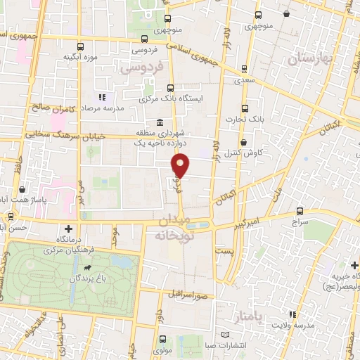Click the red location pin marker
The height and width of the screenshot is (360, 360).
[181, 166]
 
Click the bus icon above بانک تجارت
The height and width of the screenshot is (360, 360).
[245, 108]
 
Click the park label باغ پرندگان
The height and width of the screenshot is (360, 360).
[91, 278]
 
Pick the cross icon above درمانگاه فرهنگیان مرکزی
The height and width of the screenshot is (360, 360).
[67, 229]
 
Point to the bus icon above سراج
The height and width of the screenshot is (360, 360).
[300, 211]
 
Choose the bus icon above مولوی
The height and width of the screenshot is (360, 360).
[155, 338]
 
